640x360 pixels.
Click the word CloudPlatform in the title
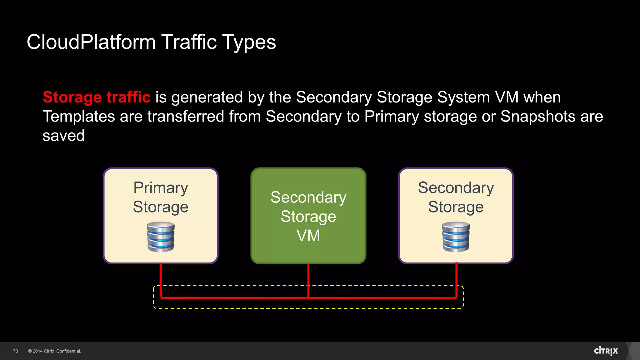(91, 42)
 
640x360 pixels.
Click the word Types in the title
(249, 42)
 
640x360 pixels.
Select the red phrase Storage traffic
(97, 97)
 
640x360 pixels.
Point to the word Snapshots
(538, 117)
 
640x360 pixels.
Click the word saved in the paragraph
(63, 136)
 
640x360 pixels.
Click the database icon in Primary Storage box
(161, 237)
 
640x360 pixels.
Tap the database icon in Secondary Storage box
(456, 237)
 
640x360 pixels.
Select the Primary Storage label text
(161, 197)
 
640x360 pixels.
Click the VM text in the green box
(308, 236)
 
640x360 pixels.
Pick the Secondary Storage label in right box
(456, 197)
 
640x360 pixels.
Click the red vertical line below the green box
(308, 280)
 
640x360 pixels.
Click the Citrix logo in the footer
(606, 351)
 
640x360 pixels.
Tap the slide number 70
(16, 351)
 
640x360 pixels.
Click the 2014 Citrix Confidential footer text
(55, 351)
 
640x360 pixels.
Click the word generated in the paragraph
(207, 97)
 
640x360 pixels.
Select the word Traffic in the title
(189, 42)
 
